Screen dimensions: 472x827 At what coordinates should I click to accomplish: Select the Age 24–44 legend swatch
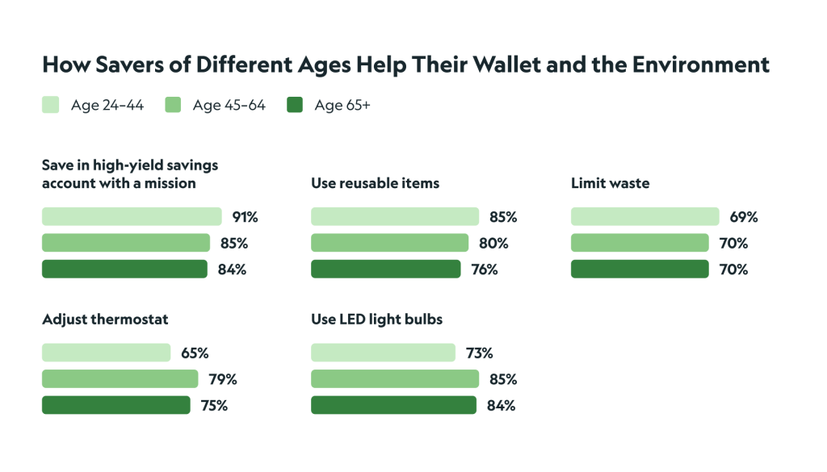pyautogui.click(x=50, y=105)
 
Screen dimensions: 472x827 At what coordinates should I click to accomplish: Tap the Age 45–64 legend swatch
pyautogui.click(x=173, y=105)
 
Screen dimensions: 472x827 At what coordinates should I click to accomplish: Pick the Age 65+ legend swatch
pyautogui.click(x=295, y=105)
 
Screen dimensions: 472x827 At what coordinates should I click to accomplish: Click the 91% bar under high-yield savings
pyautogui.click(x=132, y=216)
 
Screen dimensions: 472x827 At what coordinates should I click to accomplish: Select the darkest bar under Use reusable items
pyautogui.click(x=385, y=269)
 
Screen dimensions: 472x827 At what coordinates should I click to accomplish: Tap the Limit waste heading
pyautogui.click(x=610, y=184)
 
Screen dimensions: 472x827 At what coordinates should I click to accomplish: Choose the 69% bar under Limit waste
pyautogui.click(x=644, y=216)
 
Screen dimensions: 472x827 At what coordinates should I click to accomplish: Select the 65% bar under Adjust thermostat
pyautogui.click(x=106, y=353)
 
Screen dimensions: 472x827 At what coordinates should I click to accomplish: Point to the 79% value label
pyautogui.click(x=223, y=379)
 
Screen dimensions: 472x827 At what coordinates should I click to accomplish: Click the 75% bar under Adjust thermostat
pyautogui.click(x=115, y=405)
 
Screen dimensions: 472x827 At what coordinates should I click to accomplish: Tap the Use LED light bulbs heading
pyautogui.click(x=376, y=320)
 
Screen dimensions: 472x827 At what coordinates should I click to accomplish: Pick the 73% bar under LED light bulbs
pyautogui.click(x=383, y=353)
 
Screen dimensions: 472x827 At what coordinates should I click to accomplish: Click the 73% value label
pyautogui.click(x=479, y=353)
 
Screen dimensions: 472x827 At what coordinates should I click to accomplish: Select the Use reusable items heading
pyautogui.click(x=375, y=184)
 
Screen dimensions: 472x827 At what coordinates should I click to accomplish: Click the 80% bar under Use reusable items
pyautogui.click(x=389, y=243)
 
